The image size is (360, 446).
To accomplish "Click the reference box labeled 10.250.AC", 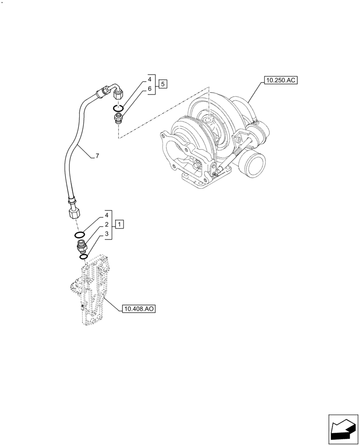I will click(280, 80).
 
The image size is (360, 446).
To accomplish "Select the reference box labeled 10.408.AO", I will click(138, 308).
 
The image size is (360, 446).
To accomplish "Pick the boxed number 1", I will click(120, 223).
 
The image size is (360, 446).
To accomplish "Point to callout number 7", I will click(97, 156).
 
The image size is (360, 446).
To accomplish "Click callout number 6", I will click(150, 89).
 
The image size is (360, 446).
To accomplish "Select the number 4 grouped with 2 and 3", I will click(107, 215).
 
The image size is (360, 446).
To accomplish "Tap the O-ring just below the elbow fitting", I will click(118, 108).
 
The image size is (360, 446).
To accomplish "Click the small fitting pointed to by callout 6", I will click(118, 118).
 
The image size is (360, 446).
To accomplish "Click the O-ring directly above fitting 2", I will click(80, 235).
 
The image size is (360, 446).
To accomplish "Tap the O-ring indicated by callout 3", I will click(83, 256).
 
